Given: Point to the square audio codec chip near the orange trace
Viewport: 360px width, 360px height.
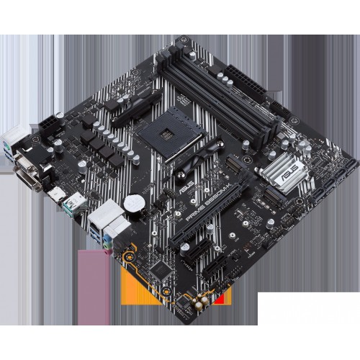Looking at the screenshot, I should point(164,267).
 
